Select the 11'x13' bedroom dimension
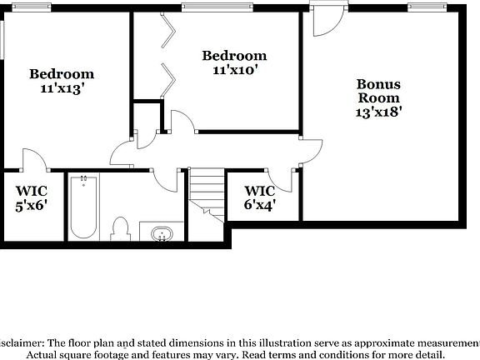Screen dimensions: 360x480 (x=62, y=87)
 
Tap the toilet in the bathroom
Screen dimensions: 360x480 (x=120, y=227)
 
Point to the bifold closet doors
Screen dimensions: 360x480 (x=169, y=55)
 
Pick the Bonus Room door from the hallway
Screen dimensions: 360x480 (x=312, y=150)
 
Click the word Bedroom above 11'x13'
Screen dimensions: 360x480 (x=62, y=73)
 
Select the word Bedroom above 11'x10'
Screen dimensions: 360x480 (x=235, y=56)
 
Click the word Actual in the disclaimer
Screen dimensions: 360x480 (x=47, y=354)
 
